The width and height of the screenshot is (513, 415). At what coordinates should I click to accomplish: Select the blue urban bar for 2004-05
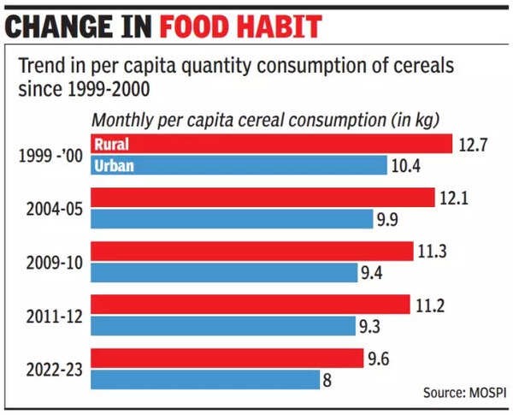pyautogui.click(x=231, y=219)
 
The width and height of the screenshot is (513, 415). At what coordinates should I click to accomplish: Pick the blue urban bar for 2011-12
pyautogui.click(x=222, y=326)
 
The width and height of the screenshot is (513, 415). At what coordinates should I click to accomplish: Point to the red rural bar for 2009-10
pyautogui.click(x=248, y=251)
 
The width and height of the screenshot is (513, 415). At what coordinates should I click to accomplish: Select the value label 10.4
pyautogui.click(x=405, y=165)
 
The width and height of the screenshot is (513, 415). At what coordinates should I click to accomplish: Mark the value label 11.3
pyautogui.click(x=432, y=252)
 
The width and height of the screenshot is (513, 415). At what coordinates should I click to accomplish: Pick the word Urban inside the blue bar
pyautogui.click(x=113, y=165)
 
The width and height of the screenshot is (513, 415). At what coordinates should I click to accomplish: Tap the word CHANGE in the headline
pyautogui.click(x=58, y=26)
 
